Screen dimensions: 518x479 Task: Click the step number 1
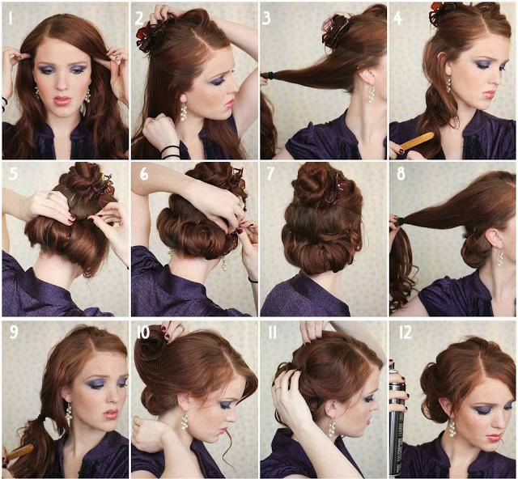pos(11,19)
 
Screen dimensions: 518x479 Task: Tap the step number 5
pos(13,174)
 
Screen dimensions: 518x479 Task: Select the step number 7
pos(270,174)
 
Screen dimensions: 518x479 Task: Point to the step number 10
pos(143,333)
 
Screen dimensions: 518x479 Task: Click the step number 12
pos(405,333)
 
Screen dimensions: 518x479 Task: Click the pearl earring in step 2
pos(184,108)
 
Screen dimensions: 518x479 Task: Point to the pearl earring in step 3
pos(372,93)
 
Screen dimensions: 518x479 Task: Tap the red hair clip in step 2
pos(147,37)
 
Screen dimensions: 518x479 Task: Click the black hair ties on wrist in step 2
pos(170,151)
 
